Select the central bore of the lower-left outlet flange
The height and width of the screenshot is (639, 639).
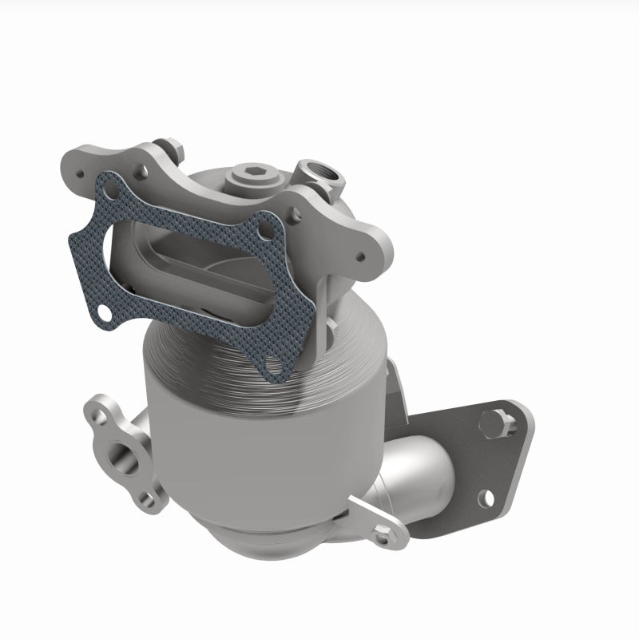coord(126,462)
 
